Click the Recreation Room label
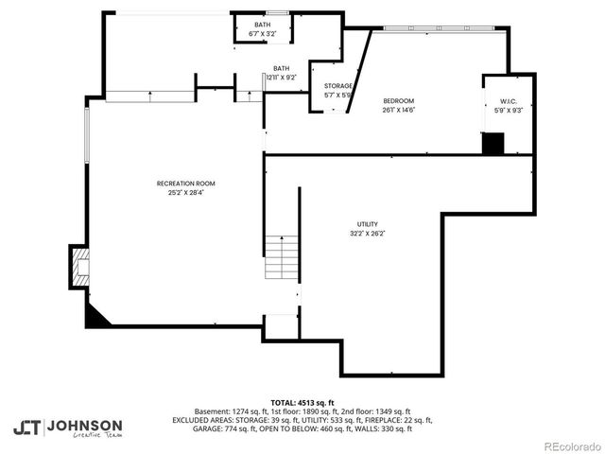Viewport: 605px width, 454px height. tap(185, 183)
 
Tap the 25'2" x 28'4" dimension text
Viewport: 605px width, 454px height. tap(185, 192)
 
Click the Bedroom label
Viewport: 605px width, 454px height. tap(398, 100)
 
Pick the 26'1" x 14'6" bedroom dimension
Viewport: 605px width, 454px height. tap(398, 110)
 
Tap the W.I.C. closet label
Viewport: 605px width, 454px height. tap(508, 101)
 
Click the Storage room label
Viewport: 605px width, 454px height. tap(338, 86)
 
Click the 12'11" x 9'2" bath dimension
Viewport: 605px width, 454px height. tap(282, 78)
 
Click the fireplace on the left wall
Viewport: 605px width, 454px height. tap(79, 267)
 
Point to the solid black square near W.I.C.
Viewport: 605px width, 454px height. tap(493, 143)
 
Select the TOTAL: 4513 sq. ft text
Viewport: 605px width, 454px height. tap(302, 402)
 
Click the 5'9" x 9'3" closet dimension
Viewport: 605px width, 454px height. tap(508, 111)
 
